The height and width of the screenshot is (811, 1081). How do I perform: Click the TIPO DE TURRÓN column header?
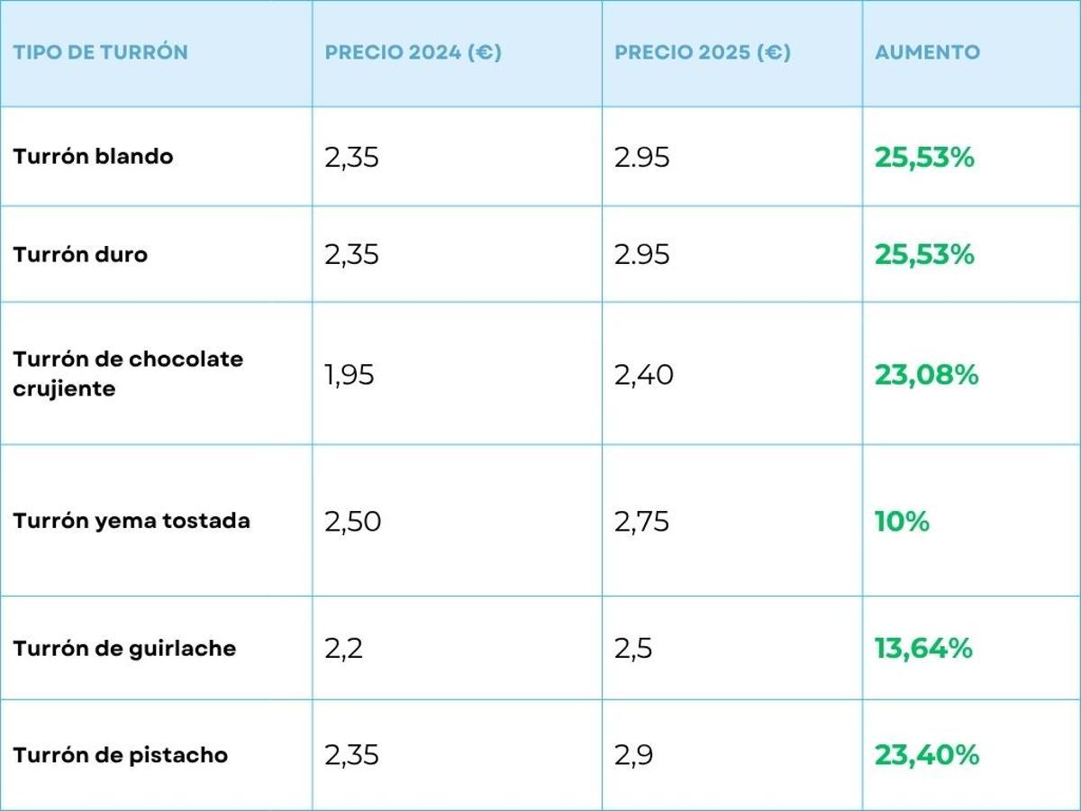click(100, 52)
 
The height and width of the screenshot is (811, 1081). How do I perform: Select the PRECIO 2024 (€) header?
click(413, 52)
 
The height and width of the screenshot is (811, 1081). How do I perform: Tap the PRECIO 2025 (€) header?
click(702, 52)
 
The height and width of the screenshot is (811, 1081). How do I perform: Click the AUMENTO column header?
click(927, 52)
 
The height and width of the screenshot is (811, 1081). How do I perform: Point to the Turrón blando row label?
click(93, 157)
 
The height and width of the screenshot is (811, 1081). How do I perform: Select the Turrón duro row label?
click(80, 255)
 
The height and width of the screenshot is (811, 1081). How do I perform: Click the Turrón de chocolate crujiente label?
click(128, 373)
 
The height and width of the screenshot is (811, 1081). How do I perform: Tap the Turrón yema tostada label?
click(132, 521)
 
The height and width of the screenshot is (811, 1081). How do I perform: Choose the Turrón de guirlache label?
click(124, 649)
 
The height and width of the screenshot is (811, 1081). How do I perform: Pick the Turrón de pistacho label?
click(120, 755)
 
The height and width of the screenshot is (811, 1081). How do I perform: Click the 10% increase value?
click(901, 521)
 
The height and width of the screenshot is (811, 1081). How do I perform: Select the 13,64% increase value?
click(923, 648)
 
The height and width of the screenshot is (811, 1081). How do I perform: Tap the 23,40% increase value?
click(926, 755)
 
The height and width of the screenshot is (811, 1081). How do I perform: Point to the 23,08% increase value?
click(926, 375)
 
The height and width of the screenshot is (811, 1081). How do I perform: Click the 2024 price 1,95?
click(349, 375)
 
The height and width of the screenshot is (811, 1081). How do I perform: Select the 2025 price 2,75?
click(641, 522)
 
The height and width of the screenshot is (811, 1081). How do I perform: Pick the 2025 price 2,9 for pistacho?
click(633, 755)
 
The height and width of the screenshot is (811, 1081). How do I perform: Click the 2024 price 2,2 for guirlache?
click(343, 649)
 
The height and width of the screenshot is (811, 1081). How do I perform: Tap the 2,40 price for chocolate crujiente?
click(643, 375)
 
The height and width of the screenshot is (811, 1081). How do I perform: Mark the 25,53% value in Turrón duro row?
click(924, 255)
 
